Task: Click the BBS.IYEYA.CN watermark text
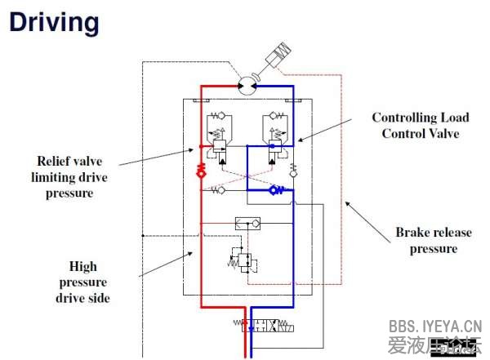(435, 323)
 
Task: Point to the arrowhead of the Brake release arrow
(345, 200)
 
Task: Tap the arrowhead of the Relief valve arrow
(198, 149)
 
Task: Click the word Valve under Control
(445, 133)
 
